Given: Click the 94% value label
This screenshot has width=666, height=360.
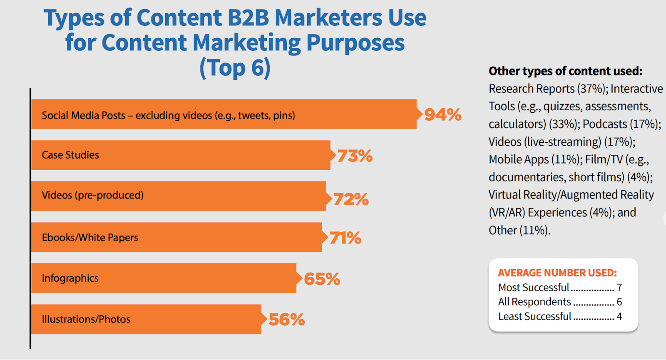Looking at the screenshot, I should click(x=442, y=114).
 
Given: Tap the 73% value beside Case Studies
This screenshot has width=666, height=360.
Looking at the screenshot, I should click(x=355, y=156).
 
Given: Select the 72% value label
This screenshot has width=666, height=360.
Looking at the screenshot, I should click(x=351, y=199).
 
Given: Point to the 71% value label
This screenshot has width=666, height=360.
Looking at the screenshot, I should click(x=345, y=238).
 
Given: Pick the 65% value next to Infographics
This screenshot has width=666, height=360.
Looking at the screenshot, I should click(x=322, y=279).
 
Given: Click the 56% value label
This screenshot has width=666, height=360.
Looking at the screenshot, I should click(x=286, y=320).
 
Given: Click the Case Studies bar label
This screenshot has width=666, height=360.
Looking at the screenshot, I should click(x=70, y=155).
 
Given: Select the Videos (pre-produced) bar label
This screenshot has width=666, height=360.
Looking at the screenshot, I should click(x=92, y=195).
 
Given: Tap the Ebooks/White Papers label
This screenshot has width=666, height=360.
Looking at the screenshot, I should click(x=90, y=238).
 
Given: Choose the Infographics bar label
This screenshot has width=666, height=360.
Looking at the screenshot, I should click(x=70, y=278).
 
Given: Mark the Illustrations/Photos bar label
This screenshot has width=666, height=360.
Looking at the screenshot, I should click(x=86, y=319).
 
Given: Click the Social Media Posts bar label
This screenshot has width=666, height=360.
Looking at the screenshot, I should click(x=168, y=115).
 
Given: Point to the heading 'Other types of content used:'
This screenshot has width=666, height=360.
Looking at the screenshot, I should click(x=565, y=71).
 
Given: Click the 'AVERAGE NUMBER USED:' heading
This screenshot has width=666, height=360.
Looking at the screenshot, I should click(x=557, y=273).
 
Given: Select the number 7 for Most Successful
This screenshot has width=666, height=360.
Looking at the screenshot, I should click(x=619, y=288).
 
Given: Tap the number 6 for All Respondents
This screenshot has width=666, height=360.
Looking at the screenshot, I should click(x=619, y=302).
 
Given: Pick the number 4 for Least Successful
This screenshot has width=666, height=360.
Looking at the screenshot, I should click(x=619, y=316).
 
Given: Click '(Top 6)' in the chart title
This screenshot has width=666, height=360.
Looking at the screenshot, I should click(x=235, y=67).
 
